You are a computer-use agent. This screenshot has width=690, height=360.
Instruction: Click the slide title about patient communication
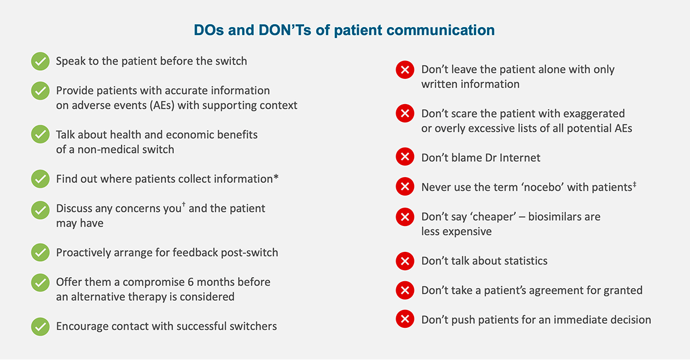pyautogui.click(x=344, y=30)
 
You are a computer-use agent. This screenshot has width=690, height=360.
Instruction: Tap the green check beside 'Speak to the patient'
pyautogui.click(x=40, y=61)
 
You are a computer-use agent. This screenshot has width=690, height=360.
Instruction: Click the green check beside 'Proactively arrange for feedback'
pyautogui.click(x=40, y=252)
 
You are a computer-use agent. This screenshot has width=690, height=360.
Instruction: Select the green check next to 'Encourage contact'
pyautogui.click(x=40, y=326)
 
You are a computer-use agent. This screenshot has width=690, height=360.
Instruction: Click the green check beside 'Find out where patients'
pyautogui.click(x=40, y=179)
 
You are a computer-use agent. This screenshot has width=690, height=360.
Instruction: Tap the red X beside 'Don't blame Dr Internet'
pyautogui.click(x=405, y=157)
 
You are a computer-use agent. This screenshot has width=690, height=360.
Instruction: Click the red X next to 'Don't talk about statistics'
pyautogui.click(x=405, y=261)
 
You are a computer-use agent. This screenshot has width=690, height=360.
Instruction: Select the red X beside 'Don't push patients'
pyautogui.click(x=405, y=320)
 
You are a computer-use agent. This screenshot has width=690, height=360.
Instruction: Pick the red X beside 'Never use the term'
pyautogui.click(x=405, y=187)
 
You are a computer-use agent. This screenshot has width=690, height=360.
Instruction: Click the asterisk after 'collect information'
pyautogui.click(x=276, y=178)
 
